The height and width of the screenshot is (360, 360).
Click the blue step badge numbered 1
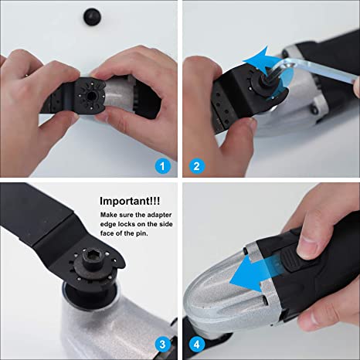pos(161,165)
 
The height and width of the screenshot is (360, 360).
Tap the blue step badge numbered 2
pos(197,165)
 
